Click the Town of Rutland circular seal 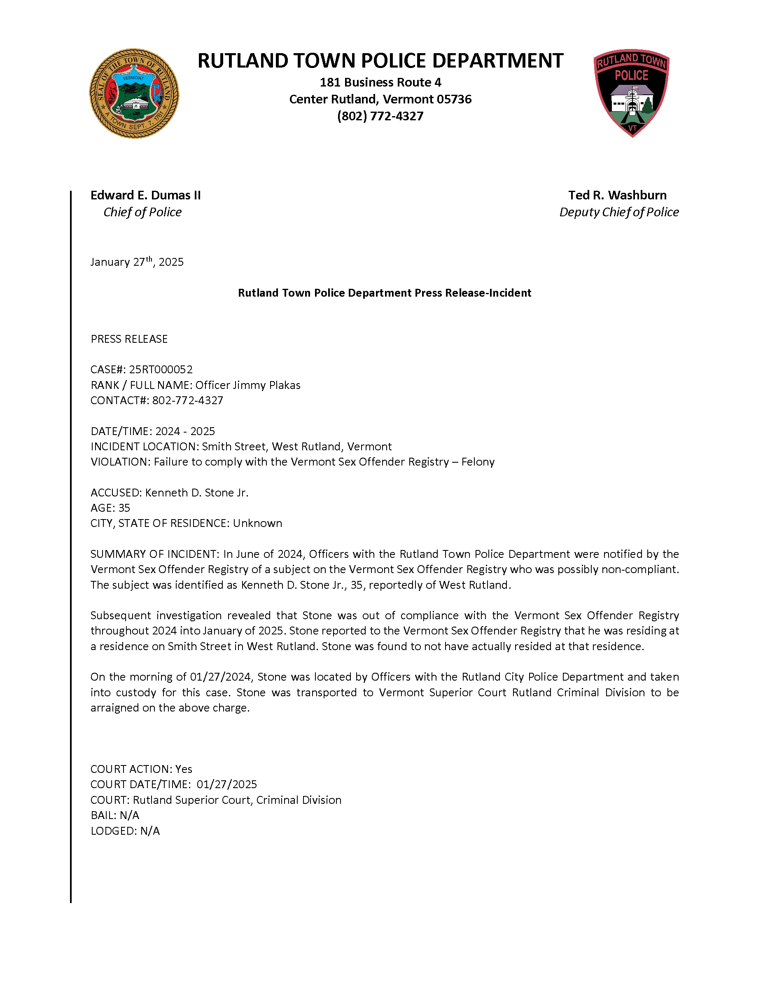pos(134,94)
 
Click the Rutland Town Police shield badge pos(631,93)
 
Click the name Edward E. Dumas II pos(145,195)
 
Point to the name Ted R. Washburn pos(617,195)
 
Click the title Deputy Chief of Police pos(618,212)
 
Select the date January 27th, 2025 pos(137,262)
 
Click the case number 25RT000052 pos(161,369)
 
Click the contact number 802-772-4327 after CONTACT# pos(187,400)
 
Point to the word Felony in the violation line pos(478,462)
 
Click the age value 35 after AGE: pos(124,508)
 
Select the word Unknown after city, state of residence pos(257,523)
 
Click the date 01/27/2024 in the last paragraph pos(221,677)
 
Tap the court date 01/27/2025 pos(227,785)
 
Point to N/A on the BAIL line pos(130,815)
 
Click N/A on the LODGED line pos(150,831)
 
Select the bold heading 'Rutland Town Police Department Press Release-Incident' pos(385,293)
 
